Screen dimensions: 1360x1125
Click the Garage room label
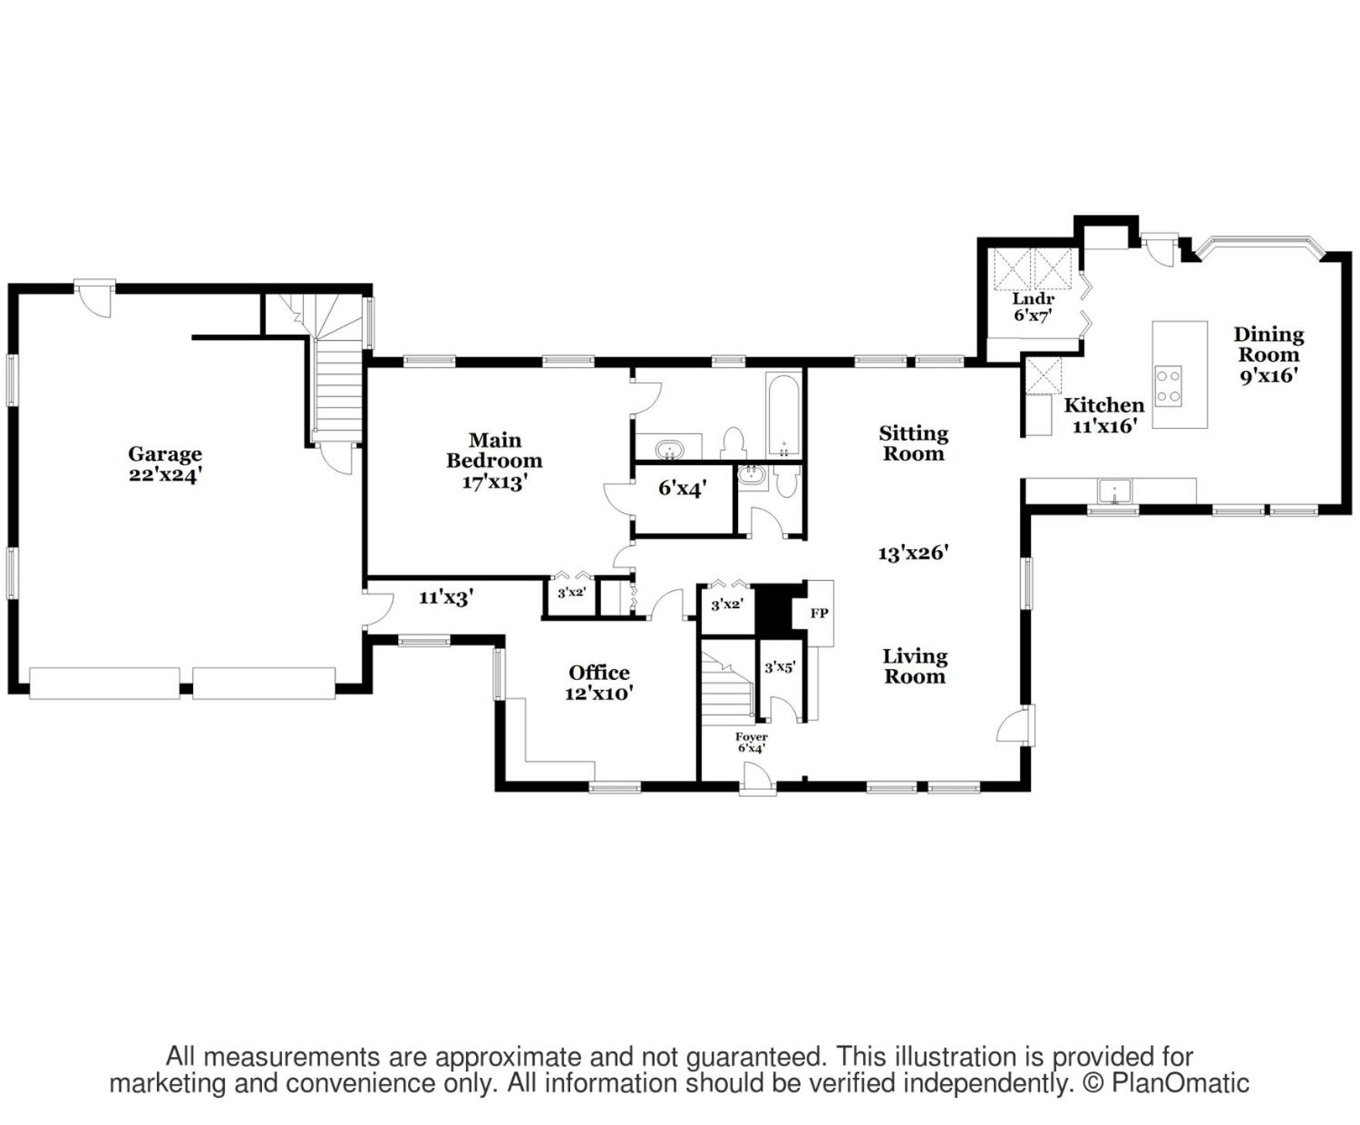point(165,464)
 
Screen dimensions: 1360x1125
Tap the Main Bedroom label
point(495,461)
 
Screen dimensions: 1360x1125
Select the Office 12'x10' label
point(599,683)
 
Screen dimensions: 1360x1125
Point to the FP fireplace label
point(819,613)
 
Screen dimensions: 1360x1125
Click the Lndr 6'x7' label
point(1033,307)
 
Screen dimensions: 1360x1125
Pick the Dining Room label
point(1269,355)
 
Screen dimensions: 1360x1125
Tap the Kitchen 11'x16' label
point(1104,415)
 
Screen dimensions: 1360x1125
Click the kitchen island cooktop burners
point(1168,386)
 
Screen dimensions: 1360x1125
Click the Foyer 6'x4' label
point(751,743)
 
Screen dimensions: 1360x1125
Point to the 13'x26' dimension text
point(913,552)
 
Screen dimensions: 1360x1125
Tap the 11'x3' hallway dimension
point(446,596)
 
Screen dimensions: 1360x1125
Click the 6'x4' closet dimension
point(682,488)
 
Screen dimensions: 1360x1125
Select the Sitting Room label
point(913,444)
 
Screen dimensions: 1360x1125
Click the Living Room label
point(915,666)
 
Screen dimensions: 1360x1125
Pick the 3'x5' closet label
point(780,667)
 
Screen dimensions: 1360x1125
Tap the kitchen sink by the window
point(1114,491)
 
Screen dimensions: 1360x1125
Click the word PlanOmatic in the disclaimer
point(1180,1083)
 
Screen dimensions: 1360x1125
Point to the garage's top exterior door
point(95,297)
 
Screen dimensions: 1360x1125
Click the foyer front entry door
point(757,777)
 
